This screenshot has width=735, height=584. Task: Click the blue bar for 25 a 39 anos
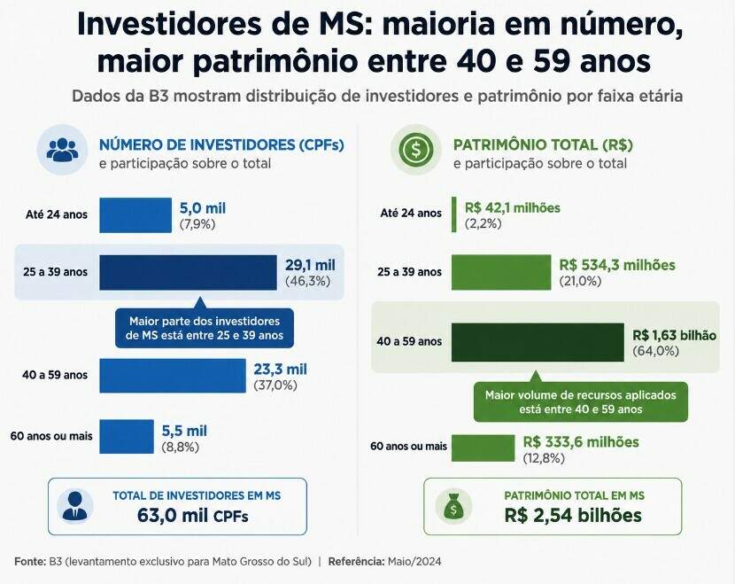[188, 273]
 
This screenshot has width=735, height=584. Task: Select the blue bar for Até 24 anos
[135, 215]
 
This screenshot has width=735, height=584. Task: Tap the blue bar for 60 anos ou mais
[127, 436]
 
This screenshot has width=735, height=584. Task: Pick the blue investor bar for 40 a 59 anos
[173, 376]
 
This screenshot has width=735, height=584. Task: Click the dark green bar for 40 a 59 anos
[538, 342]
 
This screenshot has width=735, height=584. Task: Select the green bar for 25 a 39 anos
[501, 273]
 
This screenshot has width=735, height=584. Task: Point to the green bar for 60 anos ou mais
[483, 448]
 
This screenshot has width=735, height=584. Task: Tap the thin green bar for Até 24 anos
[453, 214]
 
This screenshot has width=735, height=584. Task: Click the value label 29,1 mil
[310, 265]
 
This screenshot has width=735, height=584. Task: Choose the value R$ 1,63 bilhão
[675, 335]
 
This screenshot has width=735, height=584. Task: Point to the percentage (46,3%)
[308, 282]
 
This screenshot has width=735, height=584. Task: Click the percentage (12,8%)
[544, 458]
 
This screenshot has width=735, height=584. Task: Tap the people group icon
[62, 150]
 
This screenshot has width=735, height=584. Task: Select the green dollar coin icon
[416, 150]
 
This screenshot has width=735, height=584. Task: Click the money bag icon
[453, 507]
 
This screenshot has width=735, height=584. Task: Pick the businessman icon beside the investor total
[75, 506]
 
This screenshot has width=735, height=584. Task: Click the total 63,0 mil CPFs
[193, 516]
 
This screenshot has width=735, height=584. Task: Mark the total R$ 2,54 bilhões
[573, 516]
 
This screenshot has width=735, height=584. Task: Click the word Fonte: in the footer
[30, 562]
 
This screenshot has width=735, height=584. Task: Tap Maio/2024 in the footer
[414, 562]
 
